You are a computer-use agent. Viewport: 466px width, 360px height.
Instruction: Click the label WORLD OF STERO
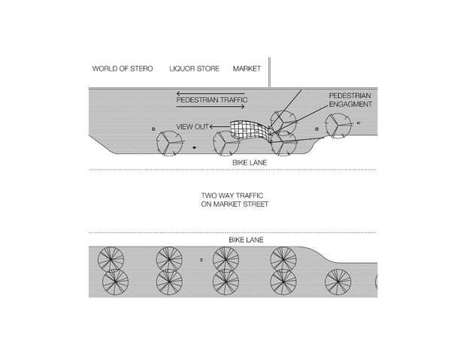coord(123,68)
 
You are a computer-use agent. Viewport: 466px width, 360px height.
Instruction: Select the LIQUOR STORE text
coord(195,68)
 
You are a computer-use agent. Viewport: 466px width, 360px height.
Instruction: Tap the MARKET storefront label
coord(247,68)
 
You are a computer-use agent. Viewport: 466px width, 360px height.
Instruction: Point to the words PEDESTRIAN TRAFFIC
coord(211,100)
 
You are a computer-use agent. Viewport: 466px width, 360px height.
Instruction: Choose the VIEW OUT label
coord(192,126)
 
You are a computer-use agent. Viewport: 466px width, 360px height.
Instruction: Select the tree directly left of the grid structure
coord(226,142)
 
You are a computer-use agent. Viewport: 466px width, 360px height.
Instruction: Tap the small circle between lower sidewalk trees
coord(201,260)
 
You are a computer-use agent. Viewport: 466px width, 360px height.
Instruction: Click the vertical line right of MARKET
coord(269,72)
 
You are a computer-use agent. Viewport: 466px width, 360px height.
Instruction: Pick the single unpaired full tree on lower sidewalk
coord(339,283)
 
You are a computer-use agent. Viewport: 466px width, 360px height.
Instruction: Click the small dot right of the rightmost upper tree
coord(359,123)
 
